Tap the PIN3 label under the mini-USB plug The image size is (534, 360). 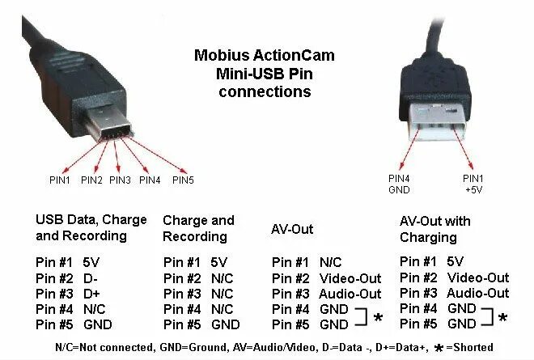[120, 180]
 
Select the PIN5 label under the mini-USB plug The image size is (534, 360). [184, 180]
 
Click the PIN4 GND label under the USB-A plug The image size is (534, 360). [399, 184]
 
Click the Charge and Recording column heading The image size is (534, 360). [198, 228]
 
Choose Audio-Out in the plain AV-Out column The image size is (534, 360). [350, 294]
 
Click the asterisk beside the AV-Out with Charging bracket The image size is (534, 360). [502, 318]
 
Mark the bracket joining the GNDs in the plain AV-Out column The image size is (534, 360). [362, 317]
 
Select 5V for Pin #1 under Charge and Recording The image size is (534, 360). [218, 262]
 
